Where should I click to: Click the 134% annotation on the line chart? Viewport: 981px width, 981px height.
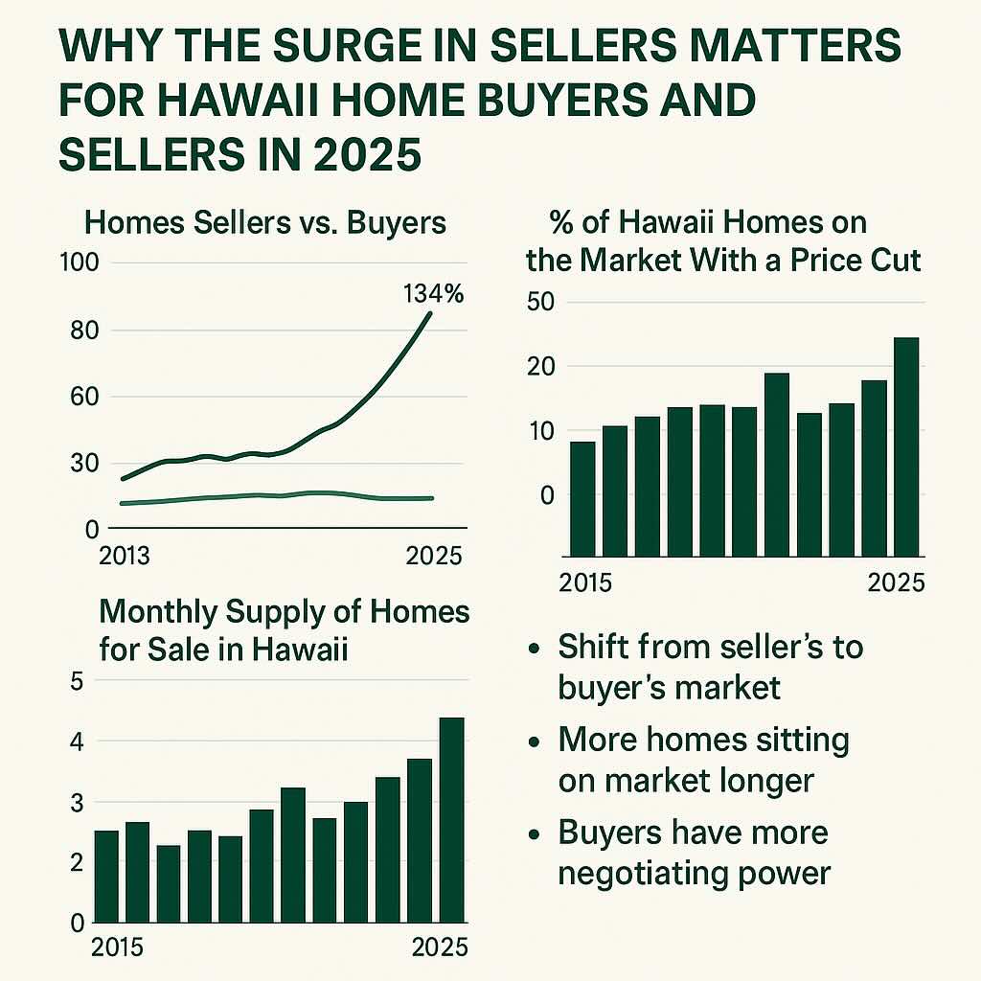tap(433, 293)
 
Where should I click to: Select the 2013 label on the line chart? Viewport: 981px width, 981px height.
tap(125, 557)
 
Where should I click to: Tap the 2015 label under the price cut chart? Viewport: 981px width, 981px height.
tap(586, 582)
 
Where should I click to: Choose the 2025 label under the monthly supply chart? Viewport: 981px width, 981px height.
tap(441, 947)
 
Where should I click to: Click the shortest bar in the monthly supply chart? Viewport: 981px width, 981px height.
tap(168, 882)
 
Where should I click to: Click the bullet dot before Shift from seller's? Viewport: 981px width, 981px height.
tap(535, 649)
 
